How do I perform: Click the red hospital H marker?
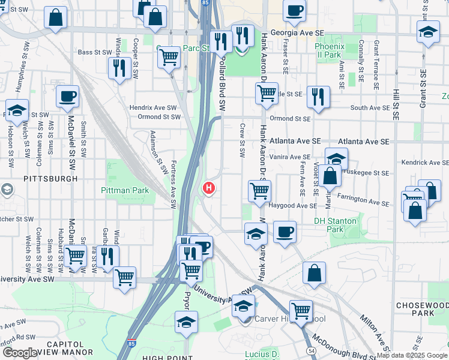[209, 188]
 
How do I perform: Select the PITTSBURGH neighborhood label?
[51, 179]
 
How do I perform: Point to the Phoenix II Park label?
[329, 50]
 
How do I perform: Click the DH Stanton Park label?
[336, 225]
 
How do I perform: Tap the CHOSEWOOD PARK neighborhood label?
[422, 309]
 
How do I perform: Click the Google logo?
[20, 353]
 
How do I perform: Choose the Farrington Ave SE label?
[363, 199]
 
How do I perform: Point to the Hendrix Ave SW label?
[154, 108]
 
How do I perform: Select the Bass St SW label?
[95, 52]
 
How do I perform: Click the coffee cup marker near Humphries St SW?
[67, 97]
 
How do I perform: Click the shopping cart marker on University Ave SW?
[124, 277]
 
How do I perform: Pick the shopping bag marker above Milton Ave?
[314, 274]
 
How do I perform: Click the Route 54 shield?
[311, 349]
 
